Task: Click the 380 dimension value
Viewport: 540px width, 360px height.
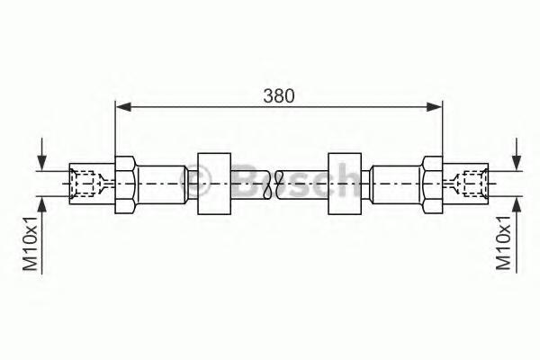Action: (x=279, y=95)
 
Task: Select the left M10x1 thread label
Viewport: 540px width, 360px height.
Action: (x=30, y=243)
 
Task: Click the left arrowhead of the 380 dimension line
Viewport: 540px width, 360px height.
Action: (x=123, y=107)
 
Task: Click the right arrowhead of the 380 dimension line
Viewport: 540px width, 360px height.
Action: (x=434, y=107)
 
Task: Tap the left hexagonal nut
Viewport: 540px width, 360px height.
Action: (x=126, y=184)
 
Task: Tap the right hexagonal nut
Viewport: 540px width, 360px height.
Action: (x=432, y=184)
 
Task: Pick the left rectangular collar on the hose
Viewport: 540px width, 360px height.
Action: (x=214, y=184)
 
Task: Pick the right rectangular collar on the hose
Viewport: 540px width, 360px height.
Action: (x=345, y=184)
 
